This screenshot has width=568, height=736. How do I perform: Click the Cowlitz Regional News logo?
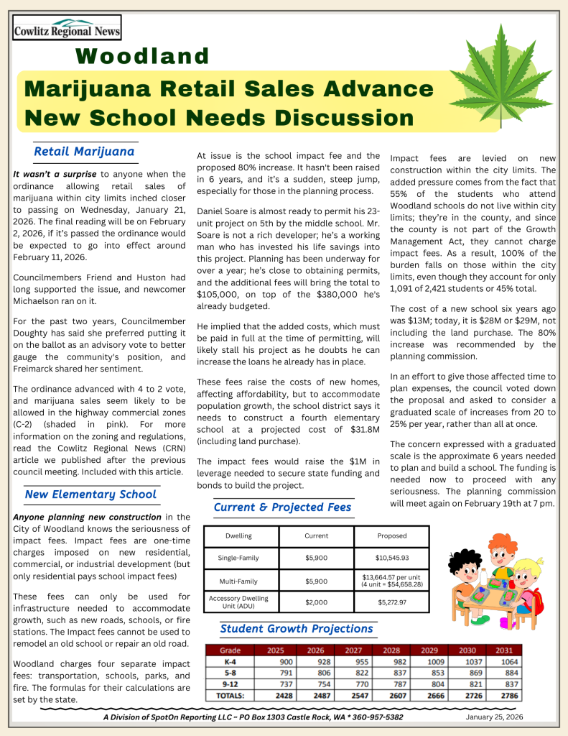(67, 29)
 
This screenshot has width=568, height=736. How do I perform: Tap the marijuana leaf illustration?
(501, 79)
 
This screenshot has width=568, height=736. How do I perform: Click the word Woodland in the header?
(142, 56)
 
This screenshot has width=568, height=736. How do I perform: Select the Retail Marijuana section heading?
(84, 152)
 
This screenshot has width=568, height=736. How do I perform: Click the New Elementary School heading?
(90, 494)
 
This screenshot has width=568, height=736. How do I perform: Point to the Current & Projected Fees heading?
(282, 507)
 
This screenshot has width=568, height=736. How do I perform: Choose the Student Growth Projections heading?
(297, 629)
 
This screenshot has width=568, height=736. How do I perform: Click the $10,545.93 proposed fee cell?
(391, 558)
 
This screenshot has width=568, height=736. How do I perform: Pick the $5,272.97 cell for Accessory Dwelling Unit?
(391, 602)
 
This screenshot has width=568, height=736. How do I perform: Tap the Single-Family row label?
(238, 558)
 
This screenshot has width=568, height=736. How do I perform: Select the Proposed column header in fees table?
(391, 535)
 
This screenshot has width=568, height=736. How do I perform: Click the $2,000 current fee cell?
(316, 602)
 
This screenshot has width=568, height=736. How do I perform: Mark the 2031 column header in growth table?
(502, 650)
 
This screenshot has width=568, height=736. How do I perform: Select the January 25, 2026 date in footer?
(494, 717)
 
